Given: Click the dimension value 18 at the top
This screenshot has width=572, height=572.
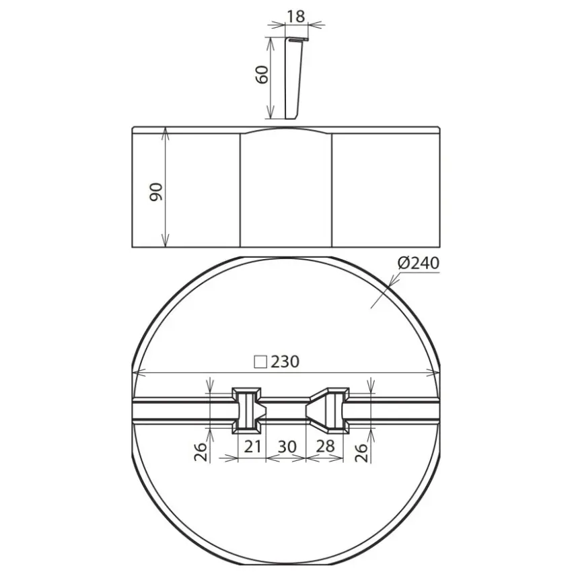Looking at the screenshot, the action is [296, 16].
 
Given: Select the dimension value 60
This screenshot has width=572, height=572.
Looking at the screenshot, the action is [262, 75].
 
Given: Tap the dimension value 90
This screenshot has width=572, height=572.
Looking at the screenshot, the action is [155, 192].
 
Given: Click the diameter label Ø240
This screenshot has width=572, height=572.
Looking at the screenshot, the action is [419, 262].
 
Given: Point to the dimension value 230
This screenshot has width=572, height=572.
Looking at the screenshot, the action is [285, 361].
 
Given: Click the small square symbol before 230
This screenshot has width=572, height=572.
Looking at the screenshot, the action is [260, 362].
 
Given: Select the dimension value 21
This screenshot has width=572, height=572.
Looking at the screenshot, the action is [252, 446].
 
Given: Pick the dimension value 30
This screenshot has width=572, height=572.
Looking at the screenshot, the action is [287, 447].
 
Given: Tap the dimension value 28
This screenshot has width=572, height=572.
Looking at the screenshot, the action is [325, 446].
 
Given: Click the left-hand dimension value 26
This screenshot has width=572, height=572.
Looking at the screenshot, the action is [201, 452].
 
